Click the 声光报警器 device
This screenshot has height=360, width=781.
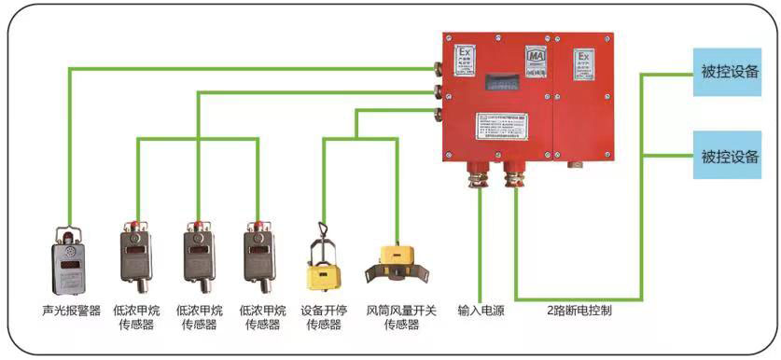pyautogui.click(x=70, y=262)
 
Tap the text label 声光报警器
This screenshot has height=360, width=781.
pyautogui.click(x=70, y=311)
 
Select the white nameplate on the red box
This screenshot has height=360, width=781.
pyautogui.click(x=501, y=130)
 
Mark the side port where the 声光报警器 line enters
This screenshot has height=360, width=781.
pyautogui.click(x=436, y=67)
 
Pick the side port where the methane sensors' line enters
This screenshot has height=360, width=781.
pyautogui.click(x=436, y=91)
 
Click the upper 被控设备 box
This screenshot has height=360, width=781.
pyautogui.click(x=731, y=71)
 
